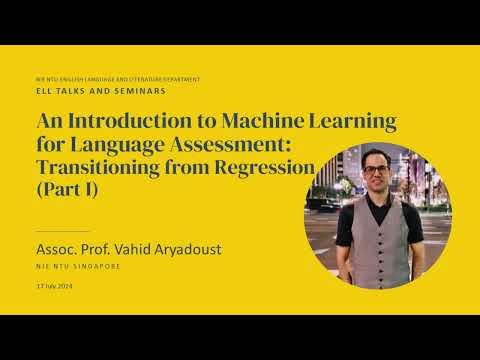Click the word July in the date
50,287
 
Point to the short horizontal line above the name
62,231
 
